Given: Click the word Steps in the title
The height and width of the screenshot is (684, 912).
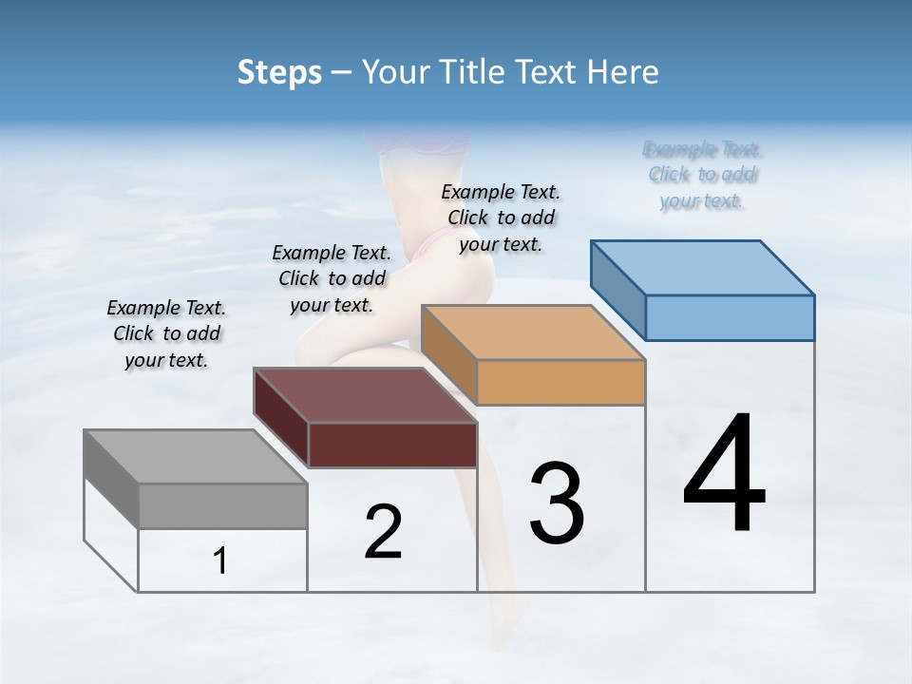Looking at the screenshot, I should (279, 72).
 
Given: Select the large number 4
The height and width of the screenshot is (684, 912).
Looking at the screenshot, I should (724, 475).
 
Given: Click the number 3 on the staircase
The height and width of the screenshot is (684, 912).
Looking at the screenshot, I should (557, 503).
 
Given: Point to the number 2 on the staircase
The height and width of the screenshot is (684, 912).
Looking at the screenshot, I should (383, 532).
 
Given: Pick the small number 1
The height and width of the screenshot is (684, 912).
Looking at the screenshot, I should (220, 561).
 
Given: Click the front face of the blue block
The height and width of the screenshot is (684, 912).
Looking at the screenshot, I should (730, 317).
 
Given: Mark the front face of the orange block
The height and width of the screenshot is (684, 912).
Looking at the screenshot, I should (560, 383).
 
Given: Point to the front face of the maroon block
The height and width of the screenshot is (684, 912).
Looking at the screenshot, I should (392, 445).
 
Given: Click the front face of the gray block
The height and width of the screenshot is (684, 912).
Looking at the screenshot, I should (223, 506).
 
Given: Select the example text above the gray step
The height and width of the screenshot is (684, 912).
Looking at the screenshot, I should (166, 333).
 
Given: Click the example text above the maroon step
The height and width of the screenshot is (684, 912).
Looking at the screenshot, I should (332, 278).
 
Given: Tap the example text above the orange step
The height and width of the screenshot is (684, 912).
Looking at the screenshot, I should (501, 218).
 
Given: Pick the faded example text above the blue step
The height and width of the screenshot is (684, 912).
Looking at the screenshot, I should (702, 175).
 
